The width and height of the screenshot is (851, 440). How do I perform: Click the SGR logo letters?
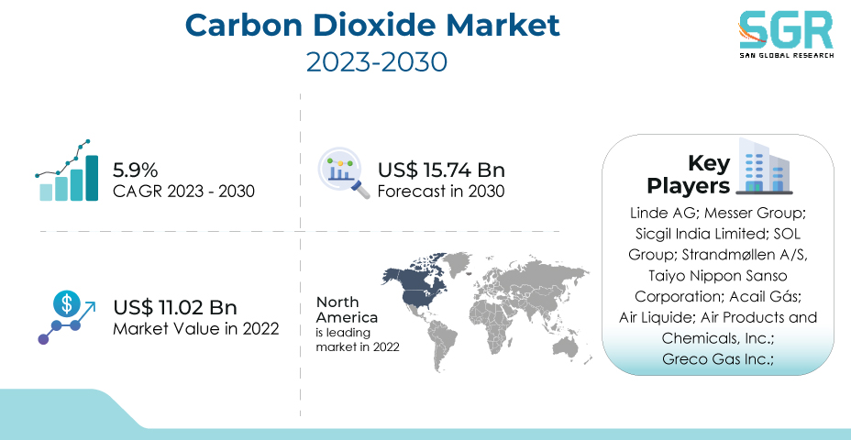(x=787, y=31)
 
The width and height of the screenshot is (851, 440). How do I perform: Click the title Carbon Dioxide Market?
(x=372, y=25)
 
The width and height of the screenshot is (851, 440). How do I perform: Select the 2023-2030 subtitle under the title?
(x=377, y=61)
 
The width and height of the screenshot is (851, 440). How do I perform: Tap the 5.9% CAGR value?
(x=135, y=170)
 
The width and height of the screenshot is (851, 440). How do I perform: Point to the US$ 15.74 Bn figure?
(x=441, y=170)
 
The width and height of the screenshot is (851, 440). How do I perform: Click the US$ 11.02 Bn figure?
(x=175, y=308)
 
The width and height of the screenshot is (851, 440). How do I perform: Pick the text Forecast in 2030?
(x=441, y=192)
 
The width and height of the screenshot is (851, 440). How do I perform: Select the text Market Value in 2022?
(x=196, y=329)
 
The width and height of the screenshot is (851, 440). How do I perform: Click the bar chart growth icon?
(x=67, y=170)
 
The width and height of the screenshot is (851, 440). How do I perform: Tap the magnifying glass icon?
(x=343, y=173)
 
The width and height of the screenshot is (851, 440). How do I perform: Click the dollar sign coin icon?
(x=67, y=303)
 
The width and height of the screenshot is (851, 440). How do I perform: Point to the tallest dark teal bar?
(x=92, y=178)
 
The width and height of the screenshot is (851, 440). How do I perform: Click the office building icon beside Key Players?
(x=764, y=167)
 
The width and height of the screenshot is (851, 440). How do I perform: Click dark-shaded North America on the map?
(x=417, y=284)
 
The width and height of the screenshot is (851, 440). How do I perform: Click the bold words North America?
(x=347, y=309)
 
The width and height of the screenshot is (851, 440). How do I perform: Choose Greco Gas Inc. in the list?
(x=717, y=359)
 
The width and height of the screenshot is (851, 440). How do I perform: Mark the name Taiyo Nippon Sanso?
(x=717, y=276)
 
